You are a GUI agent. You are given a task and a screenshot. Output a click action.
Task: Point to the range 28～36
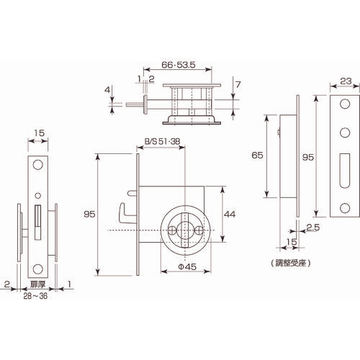click(35, 294)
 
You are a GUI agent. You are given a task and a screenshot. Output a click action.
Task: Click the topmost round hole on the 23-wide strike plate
click(343, 106)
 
